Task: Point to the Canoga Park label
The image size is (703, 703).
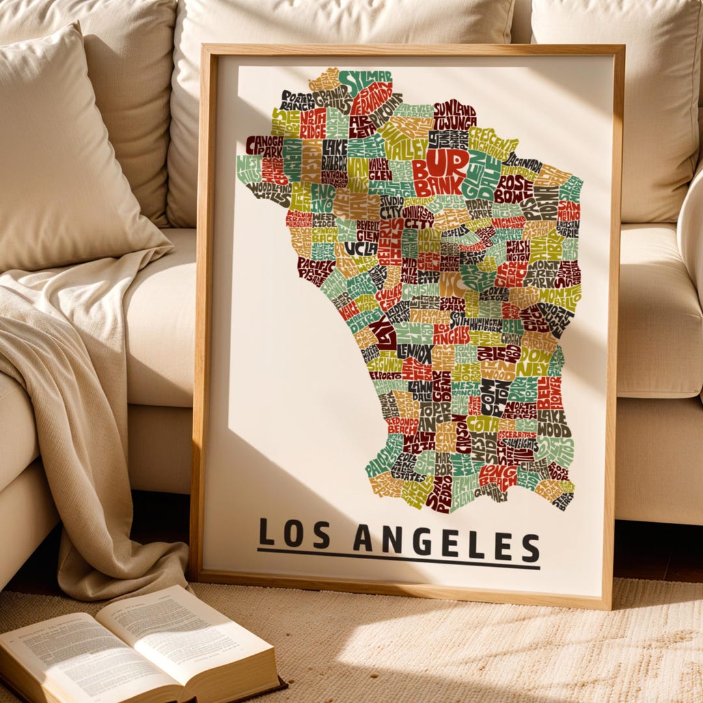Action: [x=265, y=145]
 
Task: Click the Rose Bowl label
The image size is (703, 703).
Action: [x=513, y=187]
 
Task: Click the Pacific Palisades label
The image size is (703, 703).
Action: [x=316, y=270]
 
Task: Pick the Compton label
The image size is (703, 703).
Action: [x=493, y=397]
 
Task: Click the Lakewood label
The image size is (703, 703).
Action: [x=553, y=424]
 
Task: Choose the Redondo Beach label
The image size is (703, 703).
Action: [x=402, y=425]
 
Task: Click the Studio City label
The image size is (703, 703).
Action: [x=391, y=207]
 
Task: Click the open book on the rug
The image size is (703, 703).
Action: [x=137, y=651]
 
